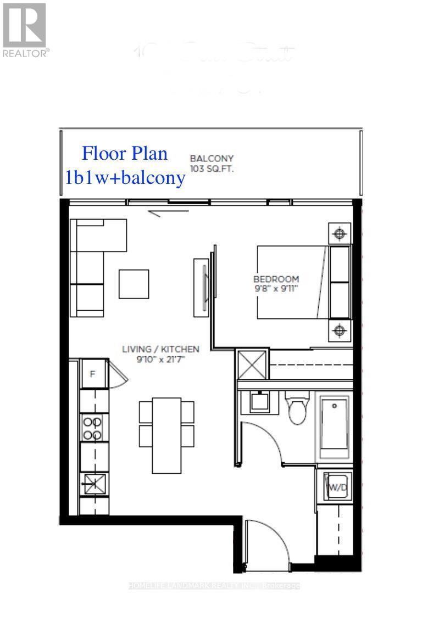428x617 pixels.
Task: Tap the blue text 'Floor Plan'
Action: coord(125,153)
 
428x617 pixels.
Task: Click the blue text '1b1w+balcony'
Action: coord(125,178)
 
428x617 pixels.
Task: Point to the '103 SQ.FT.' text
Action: coord(212,169)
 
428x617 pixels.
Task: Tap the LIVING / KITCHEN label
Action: coord(160,349)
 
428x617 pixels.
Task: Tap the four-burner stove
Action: coord(92,428)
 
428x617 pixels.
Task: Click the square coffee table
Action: coord(134,283)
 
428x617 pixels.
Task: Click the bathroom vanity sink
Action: coord(259,402)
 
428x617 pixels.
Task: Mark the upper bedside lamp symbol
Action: coord(339,233)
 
